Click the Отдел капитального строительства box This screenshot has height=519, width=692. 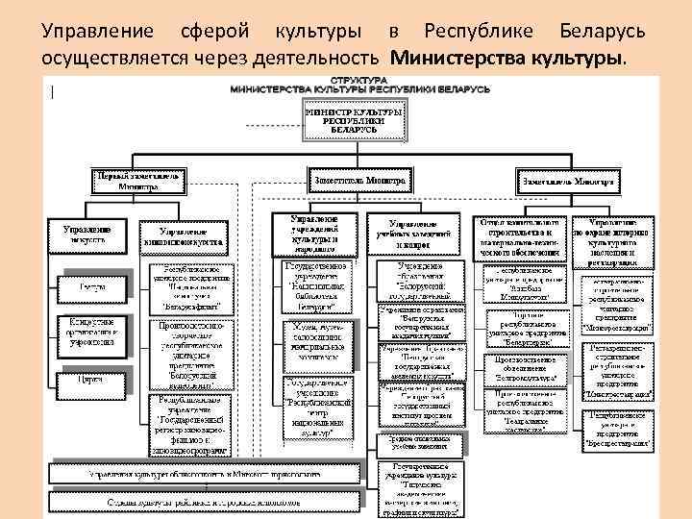point(518,235)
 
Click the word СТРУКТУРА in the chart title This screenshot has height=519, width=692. point(359,77)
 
